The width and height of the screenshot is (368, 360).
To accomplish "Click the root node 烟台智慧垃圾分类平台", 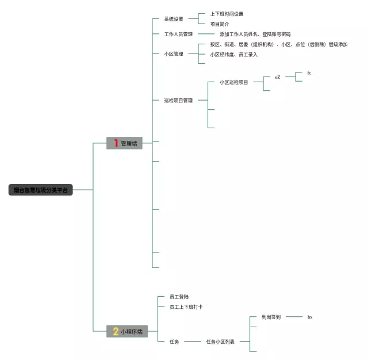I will pyautogui.click(x=40, y=190).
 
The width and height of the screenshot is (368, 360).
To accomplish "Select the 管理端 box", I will pyautogui.click(x=124, y=143).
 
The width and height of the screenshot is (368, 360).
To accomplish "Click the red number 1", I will pyautogui.click(x=115, y=143).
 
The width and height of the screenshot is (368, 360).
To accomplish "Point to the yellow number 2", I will pyautogui.click(x=116, y=331).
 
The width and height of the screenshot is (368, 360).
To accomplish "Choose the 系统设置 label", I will pyautogui.click(x=173, y=19).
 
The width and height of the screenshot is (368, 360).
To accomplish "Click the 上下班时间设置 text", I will pyautogui.click(x=227, y=14).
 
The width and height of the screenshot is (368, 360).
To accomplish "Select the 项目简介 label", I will pyautogui.click(x=220, y=24).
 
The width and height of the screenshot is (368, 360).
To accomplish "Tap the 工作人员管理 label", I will pyautogui.click(x=178, y=35).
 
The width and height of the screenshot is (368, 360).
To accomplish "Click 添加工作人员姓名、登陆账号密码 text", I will pyautogui.click(x=255, y=35).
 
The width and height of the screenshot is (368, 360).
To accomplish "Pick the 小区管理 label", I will pyautogui.click(x=173, y=54).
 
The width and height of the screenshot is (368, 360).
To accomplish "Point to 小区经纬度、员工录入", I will pyautogui.click(x=233, y=55).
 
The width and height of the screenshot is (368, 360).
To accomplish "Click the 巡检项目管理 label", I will pyautogui.click(x=178, y=101).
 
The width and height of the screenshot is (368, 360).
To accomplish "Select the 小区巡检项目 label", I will pyautogui.click(x=233, y=82).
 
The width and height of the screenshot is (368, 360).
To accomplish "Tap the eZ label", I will pyautogui.click(x=277, y=77).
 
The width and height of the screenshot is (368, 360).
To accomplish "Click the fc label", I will pyautogui.click(x=309, y=73).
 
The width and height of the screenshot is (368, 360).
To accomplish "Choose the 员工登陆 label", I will pyautogui.click(x=179, y=297).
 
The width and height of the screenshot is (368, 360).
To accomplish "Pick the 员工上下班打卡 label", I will pyautogui.click(x=186, y=307).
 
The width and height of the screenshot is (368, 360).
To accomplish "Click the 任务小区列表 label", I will pyautogui.click(x=220, y=342).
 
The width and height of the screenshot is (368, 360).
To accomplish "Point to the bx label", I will pyautogui.click(x=309, y=317).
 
